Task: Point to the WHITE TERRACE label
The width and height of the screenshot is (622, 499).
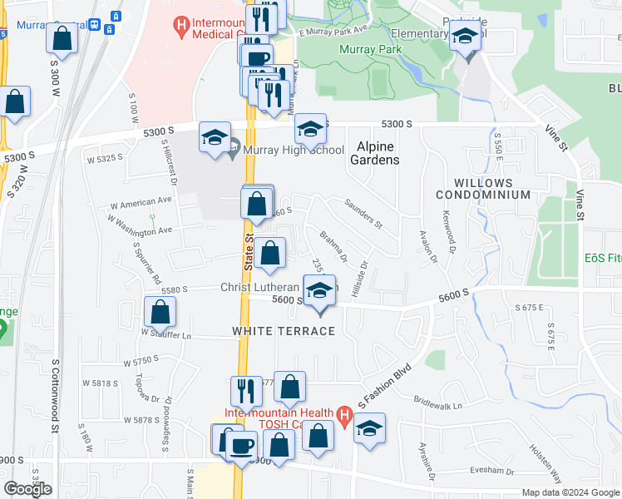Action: point(283,331)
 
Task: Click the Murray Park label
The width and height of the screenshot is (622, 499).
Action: point(369,50)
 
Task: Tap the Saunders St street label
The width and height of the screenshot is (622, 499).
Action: point(363,214)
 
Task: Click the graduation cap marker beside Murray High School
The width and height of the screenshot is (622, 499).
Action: point(215,137)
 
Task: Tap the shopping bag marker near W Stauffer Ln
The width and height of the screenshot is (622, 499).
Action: point(160,312)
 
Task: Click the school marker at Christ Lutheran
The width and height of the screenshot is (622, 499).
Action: point(320,290)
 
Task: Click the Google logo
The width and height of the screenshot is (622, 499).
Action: point(27,489)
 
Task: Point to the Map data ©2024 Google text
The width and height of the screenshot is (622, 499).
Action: point(570,492)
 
